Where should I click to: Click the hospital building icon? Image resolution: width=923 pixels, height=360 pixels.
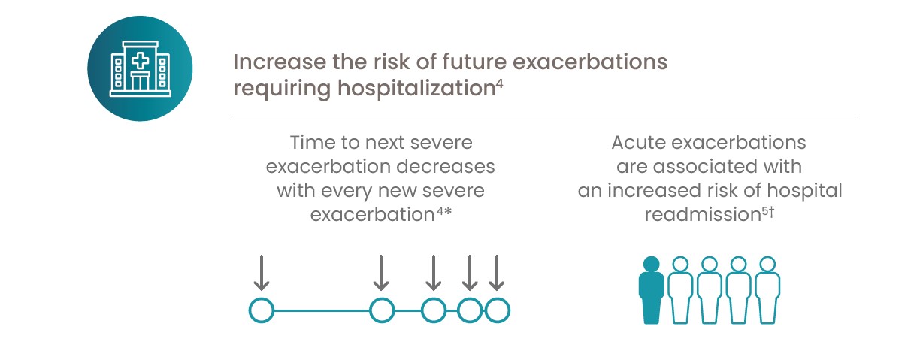140,69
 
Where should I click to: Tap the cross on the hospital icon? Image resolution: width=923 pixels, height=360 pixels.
140,62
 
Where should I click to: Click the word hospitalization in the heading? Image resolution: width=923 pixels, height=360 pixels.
416,89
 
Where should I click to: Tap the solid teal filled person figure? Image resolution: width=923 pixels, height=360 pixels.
651,290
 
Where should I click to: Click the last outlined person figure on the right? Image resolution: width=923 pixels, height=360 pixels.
767,290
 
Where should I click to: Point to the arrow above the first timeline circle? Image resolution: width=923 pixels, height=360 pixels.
262,273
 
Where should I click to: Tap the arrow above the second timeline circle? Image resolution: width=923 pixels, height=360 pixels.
381,273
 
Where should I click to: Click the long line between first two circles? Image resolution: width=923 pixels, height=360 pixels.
322,310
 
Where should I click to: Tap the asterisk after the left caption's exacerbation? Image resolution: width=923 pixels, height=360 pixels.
448,211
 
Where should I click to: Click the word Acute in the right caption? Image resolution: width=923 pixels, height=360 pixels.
638,143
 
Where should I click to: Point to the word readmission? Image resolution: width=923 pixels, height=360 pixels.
703,215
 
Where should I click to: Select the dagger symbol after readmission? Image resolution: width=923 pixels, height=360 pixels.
771,212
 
